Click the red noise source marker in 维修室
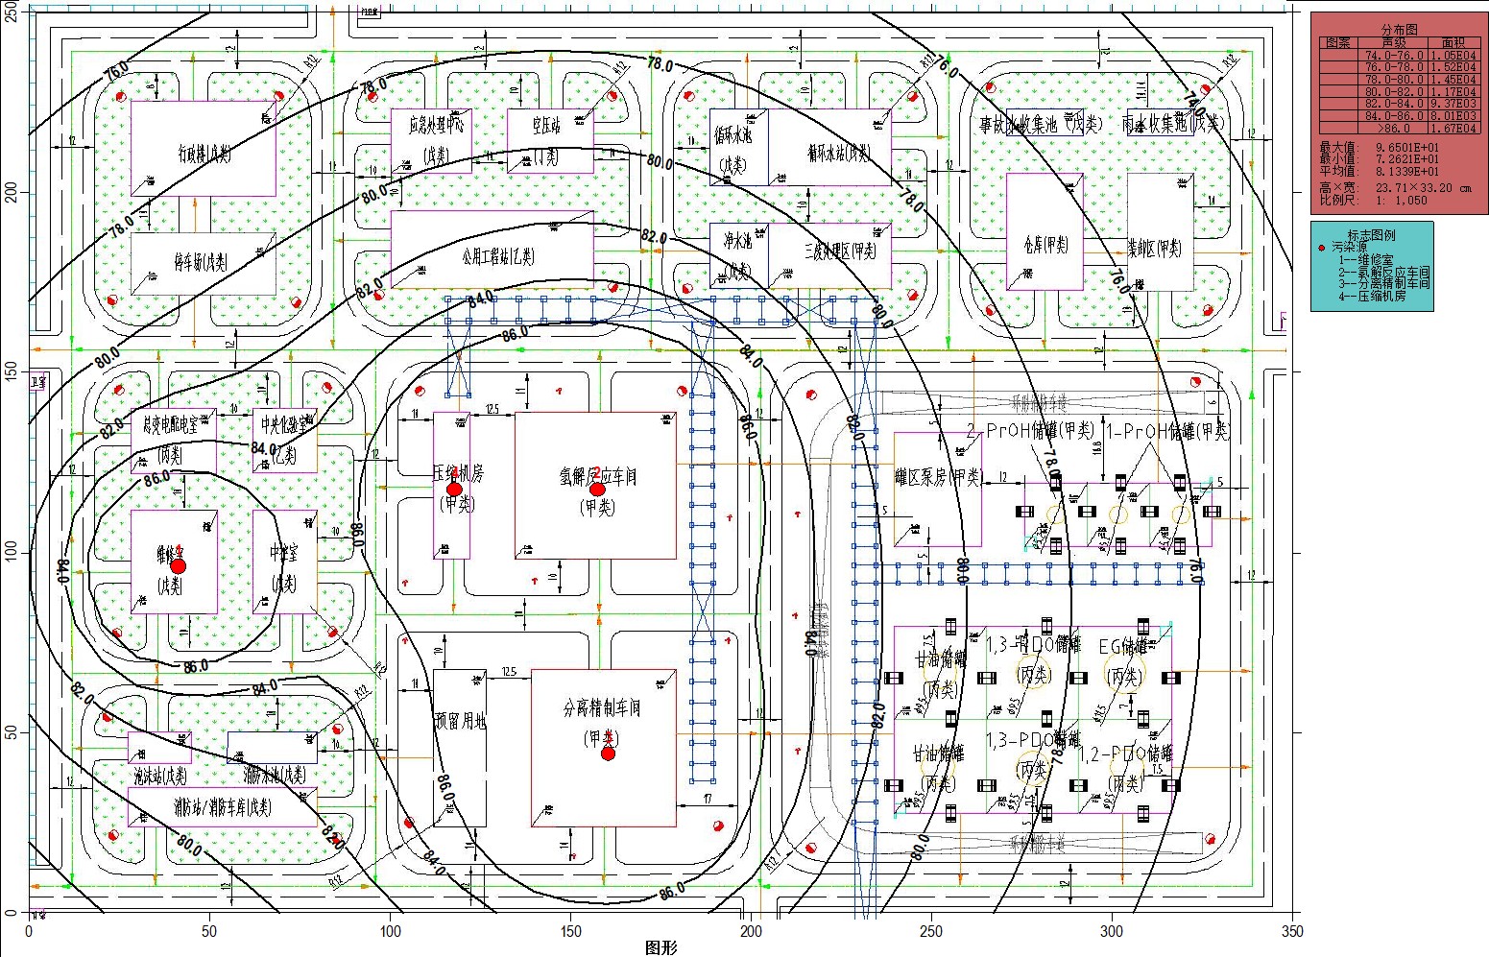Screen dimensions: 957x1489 pos(178,565)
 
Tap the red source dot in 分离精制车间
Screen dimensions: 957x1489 pos(608,754)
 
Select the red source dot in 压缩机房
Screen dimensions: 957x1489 pos(453,489)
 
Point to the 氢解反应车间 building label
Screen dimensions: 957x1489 pos(598,476)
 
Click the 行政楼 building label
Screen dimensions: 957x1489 pos(203,152)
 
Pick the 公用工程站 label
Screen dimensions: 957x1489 pos(497,256)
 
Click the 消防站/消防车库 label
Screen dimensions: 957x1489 pos(222,807)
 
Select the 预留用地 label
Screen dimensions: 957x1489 pos(460,720)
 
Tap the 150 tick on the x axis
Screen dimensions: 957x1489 pos(570,931)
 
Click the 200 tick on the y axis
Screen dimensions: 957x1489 pos(12,192)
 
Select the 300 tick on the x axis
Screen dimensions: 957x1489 pos(1112,931)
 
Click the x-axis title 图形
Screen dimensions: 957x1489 pos(661,948)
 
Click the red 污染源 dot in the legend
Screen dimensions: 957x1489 pos(1322,248)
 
